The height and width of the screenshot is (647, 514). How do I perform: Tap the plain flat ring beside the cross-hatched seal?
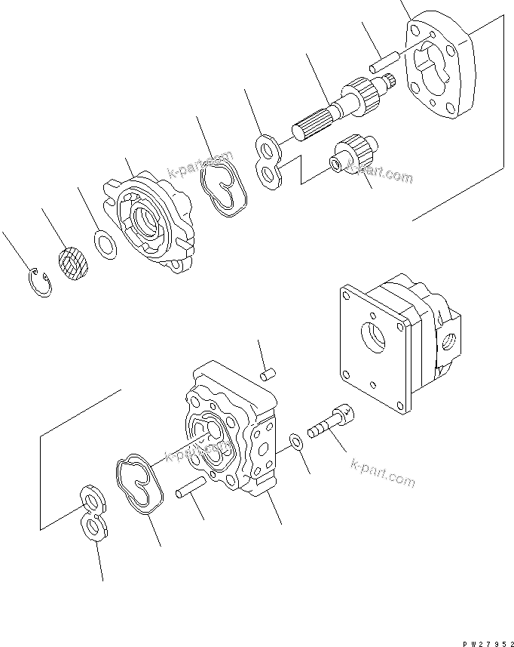106,244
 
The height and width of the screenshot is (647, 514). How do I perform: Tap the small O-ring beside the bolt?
296,442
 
